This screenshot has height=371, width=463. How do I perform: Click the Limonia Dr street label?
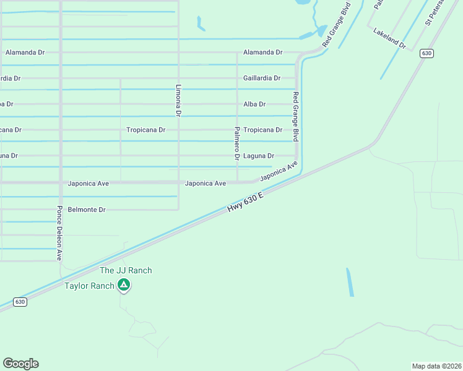(x=178, y=100)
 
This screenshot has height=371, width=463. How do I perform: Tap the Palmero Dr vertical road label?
(x=237, y=143)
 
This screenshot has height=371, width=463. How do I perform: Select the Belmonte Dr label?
(x=87, y=210)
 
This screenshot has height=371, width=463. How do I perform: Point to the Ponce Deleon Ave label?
(x=60, y=232)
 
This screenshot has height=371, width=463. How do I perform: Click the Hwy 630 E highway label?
(x=246, y=203)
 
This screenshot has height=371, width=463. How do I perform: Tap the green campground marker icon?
(x=124, y=285)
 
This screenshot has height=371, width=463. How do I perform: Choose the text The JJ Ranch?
(x=126, y=270)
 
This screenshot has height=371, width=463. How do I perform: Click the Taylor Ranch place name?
(x=90, y=286)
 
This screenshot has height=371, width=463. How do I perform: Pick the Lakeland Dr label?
(x=389, y=38)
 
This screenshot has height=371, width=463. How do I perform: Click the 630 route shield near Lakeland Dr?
(x=426, y=53)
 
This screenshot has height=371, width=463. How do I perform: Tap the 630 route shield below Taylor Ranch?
(x=20, y=302)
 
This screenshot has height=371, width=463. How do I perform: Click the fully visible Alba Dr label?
(x=254, y=104)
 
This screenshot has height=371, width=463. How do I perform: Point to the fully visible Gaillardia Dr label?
(x=262, y=78)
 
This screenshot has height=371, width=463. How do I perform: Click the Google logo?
(x=20, y=364)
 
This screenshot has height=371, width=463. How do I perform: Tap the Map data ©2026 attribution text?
(x=436, y=366)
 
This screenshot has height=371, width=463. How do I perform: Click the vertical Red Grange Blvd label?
(x=296, y=116)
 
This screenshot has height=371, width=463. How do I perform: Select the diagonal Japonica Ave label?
(x=279, y=171)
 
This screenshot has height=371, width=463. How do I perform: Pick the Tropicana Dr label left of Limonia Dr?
(x=145, y=130)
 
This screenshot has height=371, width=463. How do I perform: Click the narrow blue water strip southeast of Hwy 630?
(x=350, y=282)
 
